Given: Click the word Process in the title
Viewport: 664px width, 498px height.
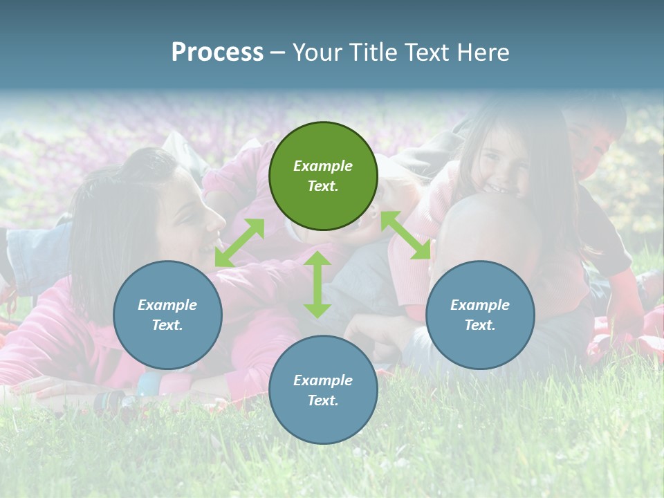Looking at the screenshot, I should (x=217, y=53).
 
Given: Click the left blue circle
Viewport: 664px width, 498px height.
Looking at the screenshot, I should (x=167, y=315).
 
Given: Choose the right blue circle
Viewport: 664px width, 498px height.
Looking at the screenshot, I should (x=479, y=315).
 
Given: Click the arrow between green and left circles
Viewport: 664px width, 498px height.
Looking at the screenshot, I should (x=239, y=243).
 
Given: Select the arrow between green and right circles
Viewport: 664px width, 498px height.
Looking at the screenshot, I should (x=405, y=235).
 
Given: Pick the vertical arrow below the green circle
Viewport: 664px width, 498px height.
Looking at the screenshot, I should (x=317, y=284).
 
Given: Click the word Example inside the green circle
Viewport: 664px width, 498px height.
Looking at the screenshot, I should (x=323, y=166).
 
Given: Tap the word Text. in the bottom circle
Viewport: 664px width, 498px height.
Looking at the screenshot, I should (x=323, y=400).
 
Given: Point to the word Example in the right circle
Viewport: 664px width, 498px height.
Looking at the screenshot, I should (x=479, y=305).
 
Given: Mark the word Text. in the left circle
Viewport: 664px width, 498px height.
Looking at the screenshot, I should (x=167, y=325).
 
